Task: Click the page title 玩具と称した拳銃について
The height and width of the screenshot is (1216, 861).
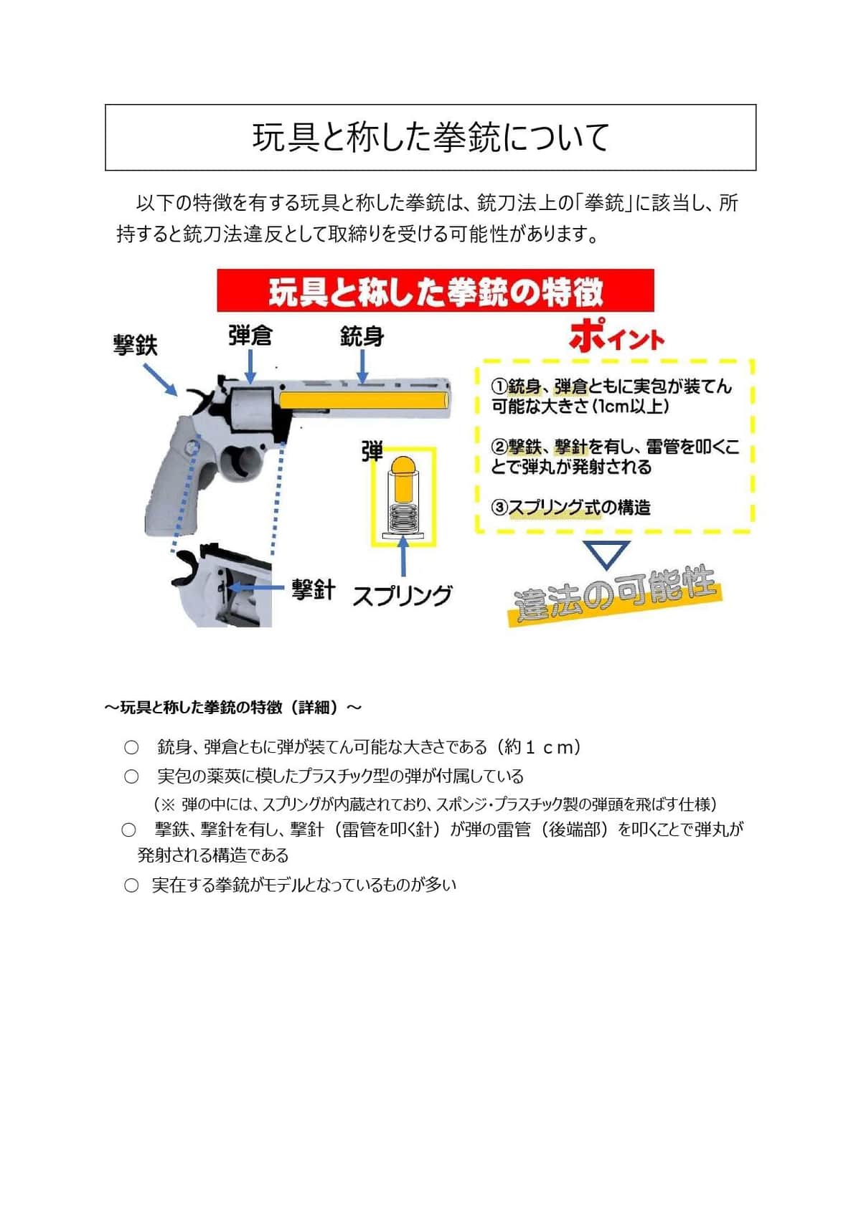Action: [x=430, y=137]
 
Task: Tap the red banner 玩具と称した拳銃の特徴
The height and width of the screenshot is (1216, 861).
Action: [x=436, y=291]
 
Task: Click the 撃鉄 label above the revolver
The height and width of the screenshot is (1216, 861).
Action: [x=135, y=345]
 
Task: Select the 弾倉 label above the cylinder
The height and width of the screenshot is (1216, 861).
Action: [x=250, y=336]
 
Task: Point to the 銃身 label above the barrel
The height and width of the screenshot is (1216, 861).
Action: [x=362, y=336]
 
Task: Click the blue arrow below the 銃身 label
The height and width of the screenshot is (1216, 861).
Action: [x=362, y=367]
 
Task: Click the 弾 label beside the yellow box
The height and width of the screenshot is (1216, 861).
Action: [x=372, y=452]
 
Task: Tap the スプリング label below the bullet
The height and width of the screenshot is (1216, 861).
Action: [x=402, y=595]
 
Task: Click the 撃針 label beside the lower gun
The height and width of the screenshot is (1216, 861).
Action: [x=313, y=589]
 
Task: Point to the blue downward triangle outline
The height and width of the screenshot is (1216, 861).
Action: [x=606, y=554]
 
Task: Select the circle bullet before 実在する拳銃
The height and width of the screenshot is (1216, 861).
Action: [x=131, y=885]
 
